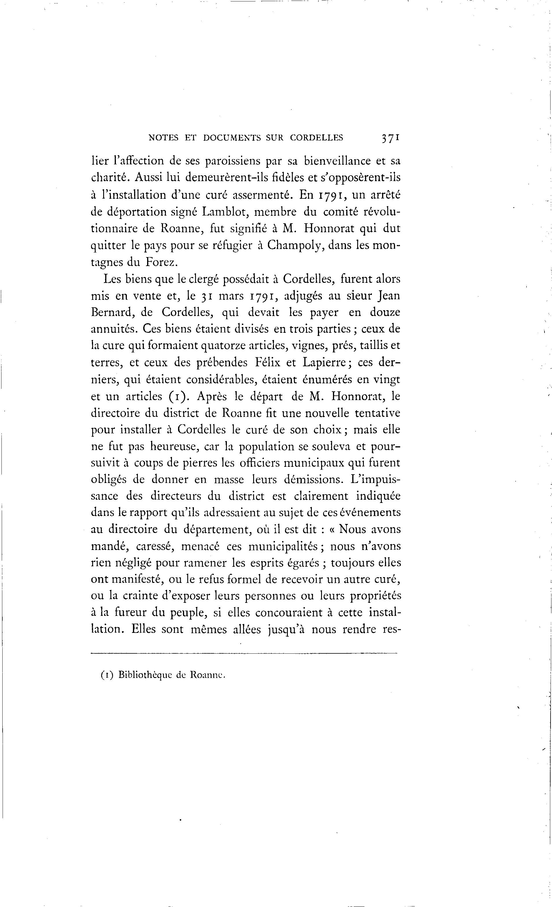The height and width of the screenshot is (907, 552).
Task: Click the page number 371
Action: (x=391, y=138)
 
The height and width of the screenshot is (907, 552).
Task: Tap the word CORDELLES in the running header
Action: (x=316, y=138)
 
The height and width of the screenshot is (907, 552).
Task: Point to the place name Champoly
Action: (x=295, y=246)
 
